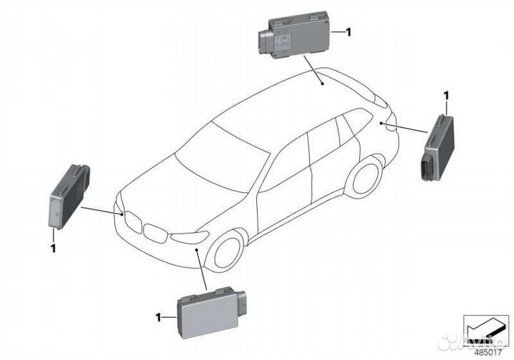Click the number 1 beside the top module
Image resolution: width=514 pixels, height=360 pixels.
348,32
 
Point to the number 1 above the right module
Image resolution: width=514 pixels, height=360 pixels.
446,94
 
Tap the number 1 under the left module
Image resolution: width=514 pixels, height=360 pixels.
53,248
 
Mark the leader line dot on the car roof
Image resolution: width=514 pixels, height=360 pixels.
323,84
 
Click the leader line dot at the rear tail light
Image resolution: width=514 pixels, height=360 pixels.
383,124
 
